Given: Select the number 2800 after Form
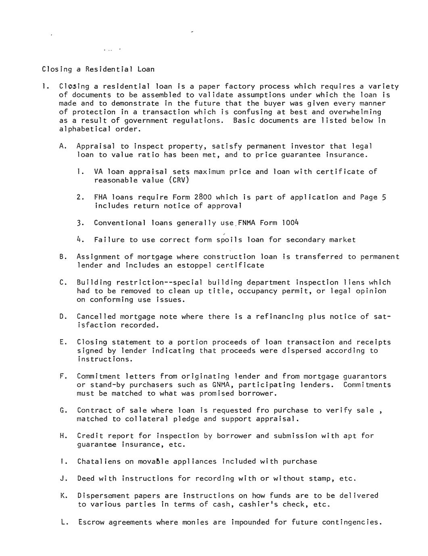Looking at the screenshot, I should click(203, 197).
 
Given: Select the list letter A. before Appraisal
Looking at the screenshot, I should click(63, 146).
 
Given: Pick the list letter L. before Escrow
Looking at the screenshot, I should click(64, 522).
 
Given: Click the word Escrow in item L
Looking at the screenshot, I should click(91, 522).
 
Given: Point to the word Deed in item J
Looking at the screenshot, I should click(85, 479).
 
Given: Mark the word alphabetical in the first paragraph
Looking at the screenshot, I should click(85, 129).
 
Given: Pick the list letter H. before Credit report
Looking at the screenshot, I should click(63, 436).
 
